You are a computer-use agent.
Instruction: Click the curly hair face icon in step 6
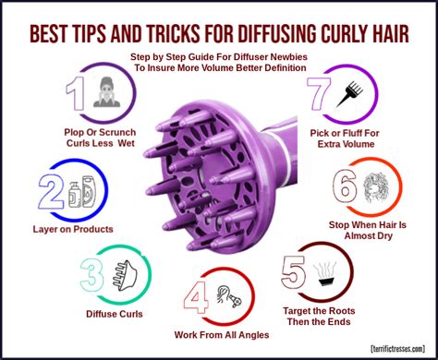point(380,186)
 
